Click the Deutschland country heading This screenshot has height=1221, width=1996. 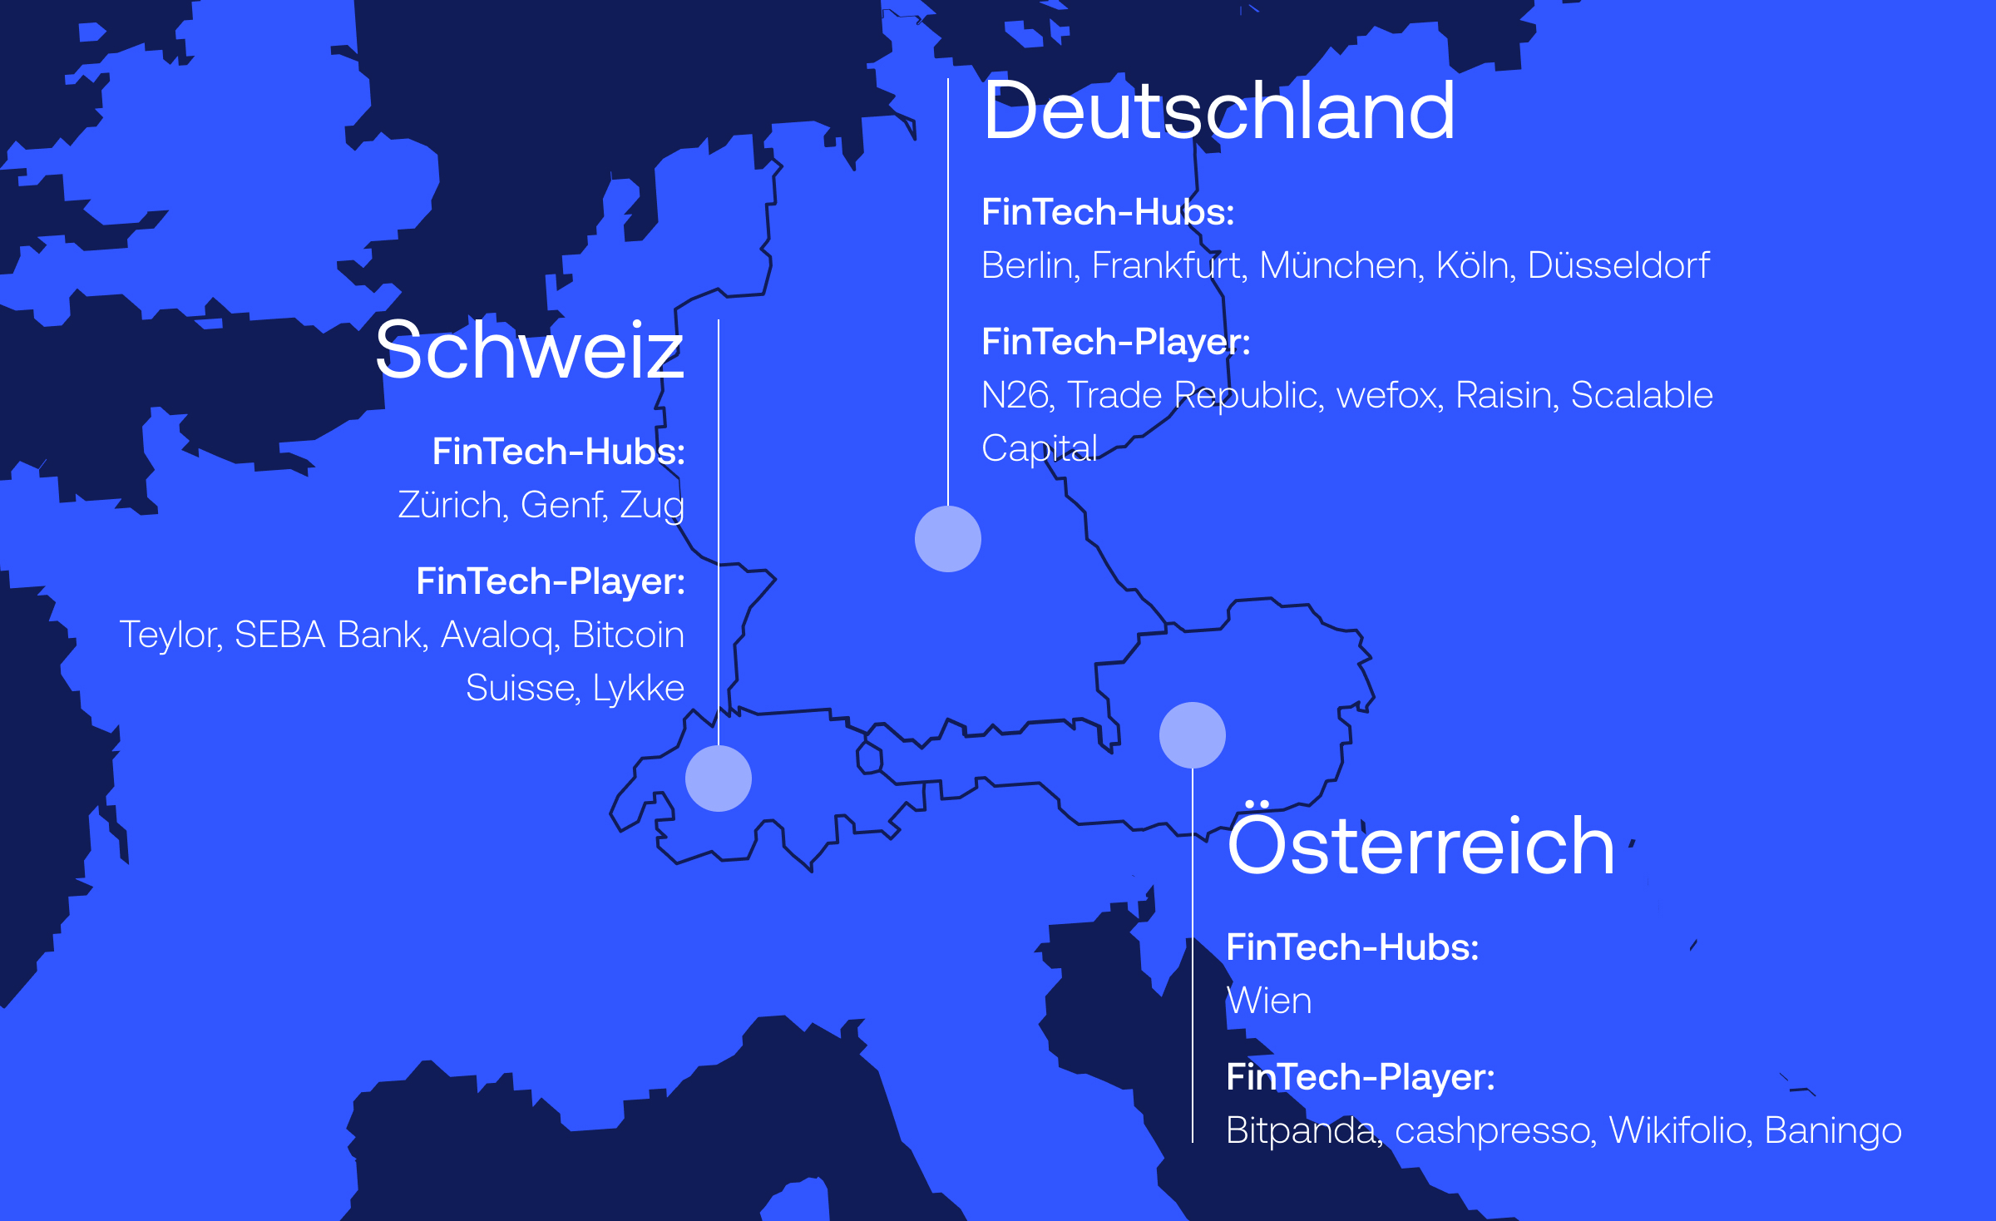(x=1218, y=111)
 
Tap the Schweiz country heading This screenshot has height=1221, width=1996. (x=529, y=351)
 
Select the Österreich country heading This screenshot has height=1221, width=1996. (x=1420, y=844)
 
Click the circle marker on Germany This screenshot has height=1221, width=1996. (x=948, y=539)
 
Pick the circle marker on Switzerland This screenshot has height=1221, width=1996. (x=719, y=779)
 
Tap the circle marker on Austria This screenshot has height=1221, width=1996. (x=1193, y=735)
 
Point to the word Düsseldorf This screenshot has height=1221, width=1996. (x=1618, y=266)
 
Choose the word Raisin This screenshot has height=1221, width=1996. (x=1506, y=396)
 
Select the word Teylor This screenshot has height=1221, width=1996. (x=170, y=635)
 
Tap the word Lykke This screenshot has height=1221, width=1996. (x=638, y=689)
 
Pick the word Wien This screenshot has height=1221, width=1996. (x=1269, y=1001)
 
